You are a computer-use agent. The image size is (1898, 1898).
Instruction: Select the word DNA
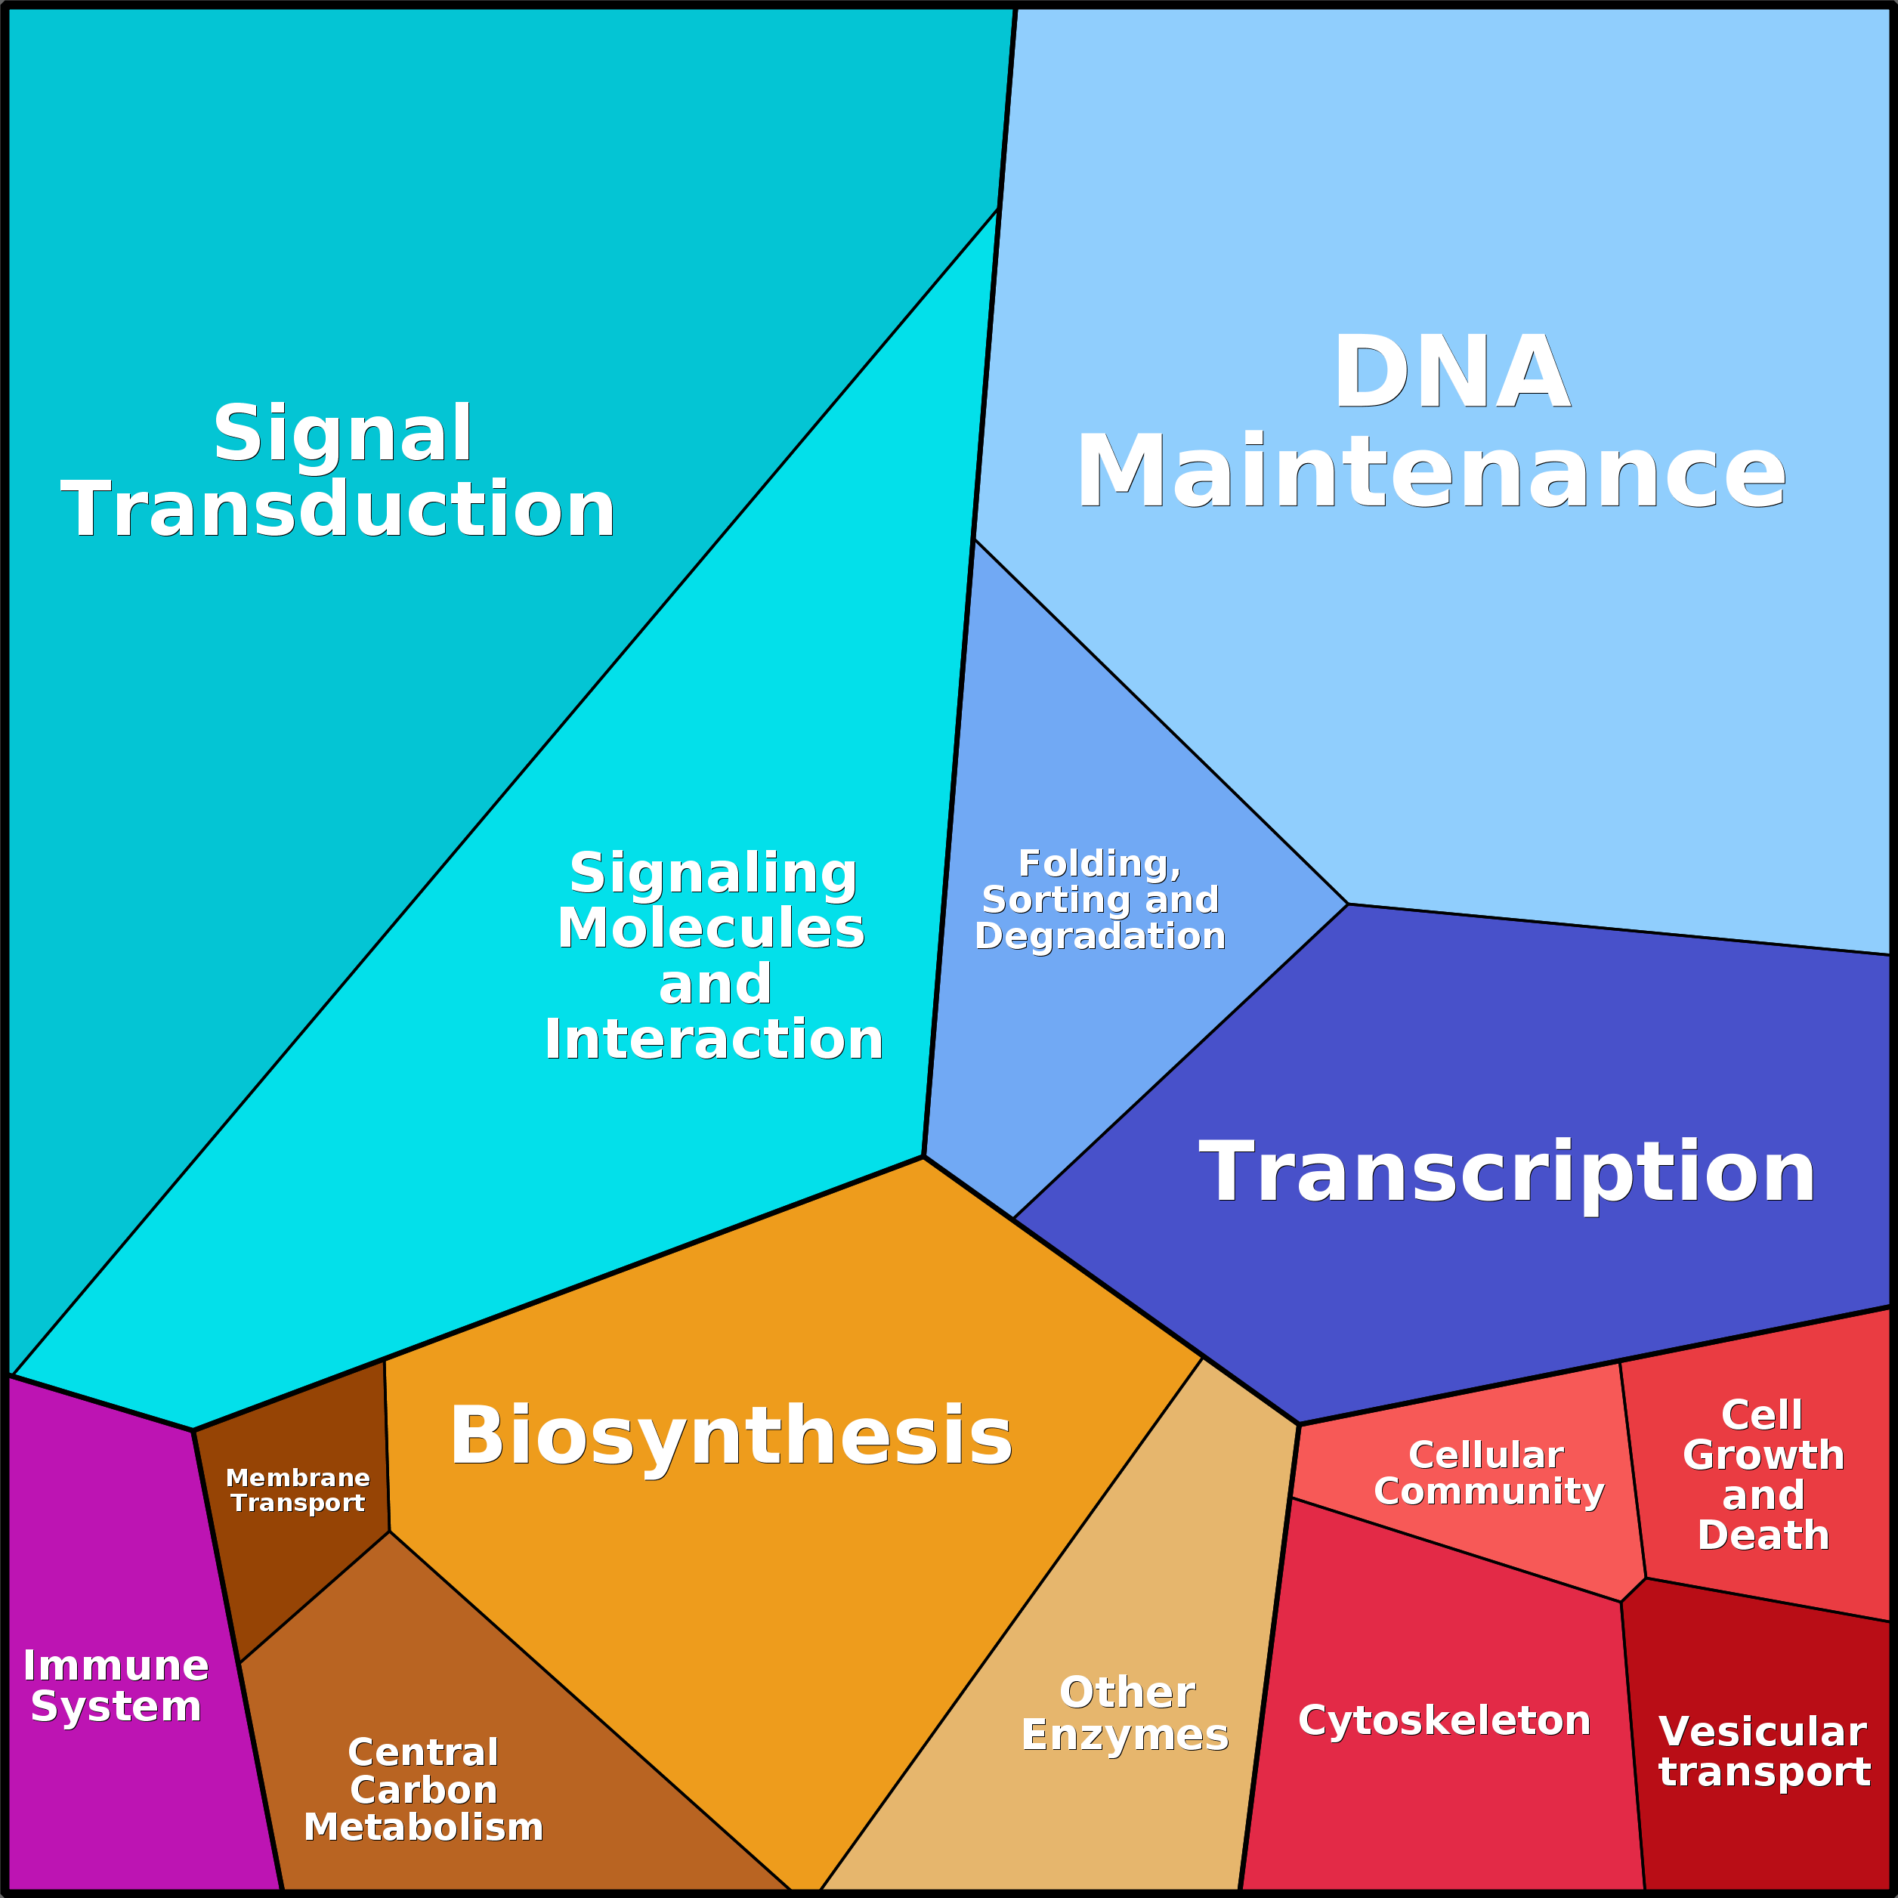click(1451, 372)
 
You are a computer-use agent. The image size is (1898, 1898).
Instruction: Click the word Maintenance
click(1430, 472)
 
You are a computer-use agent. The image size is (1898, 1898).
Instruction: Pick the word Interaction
click(714, 1038)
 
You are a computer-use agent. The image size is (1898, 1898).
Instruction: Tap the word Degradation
click(1100, 935)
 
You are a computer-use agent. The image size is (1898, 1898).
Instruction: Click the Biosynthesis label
click(731, 1436)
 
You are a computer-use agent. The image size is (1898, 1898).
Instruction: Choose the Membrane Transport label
click(298, 1490)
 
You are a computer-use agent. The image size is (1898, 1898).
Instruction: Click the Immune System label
click(116, 1686)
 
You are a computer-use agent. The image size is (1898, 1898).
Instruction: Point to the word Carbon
click(423, 1790)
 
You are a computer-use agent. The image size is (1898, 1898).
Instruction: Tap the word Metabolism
click(423, 1827)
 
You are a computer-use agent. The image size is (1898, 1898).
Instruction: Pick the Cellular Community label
click(1488, 1473)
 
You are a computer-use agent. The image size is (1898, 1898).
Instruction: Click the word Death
click(1764, 1535)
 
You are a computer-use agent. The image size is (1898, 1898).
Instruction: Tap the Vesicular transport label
click(1764, 1751)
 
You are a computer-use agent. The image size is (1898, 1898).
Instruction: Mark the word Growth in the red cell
click(1764, 1455)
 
